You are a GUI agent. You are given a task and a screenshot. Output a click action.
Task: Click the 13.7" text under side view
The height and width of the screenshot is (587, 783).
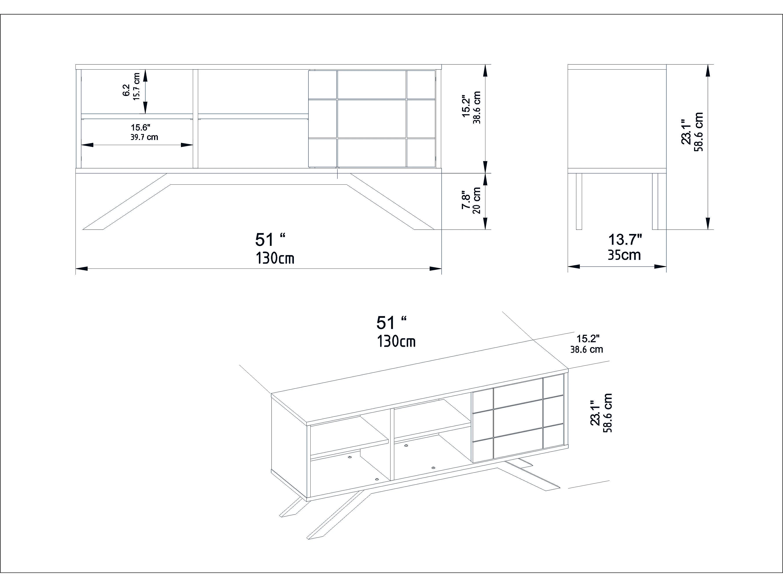click(x=625, y=239)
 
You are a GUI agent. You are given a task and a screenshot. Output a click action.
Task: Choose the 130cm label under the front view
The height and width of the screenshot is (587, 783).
click(x=275, y=258)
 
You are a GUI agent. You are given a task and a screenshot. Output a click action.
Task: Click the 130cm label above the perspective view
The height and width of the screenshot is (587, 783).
click(x=396, y=341)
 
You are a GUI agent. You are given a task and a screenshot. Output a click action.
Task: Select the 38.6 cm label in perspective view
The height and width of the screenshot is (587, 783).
click(x=587, y=350)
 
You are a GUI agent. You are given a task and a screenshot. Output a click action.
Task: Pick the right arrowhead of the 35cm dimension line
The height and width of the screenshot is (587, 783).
click(x=661, y=267)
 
